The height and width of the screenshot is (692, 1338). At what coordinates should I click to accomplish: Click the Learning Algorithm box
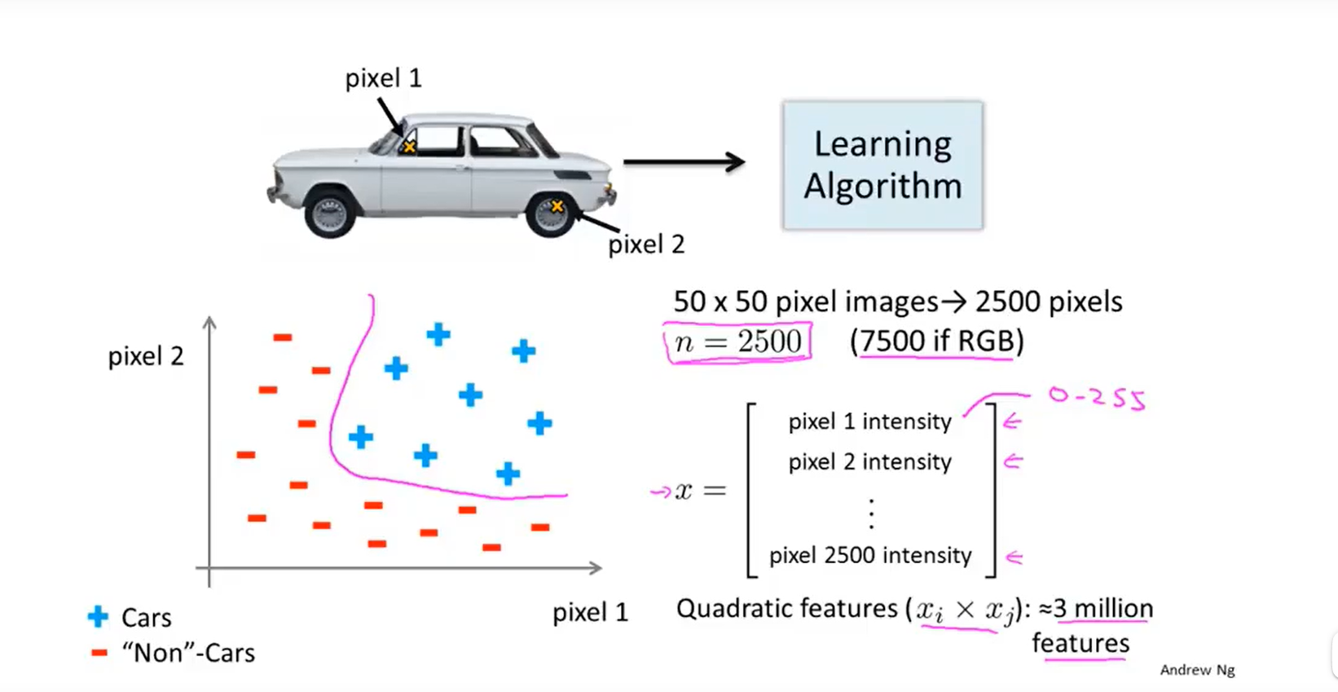(882, 165)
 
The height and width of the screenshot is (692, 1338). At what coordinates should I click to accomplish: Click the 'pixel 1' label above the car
(383, 78)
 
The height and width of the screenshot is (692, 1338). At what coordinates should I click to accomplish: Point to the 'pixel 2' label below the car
(646, 244)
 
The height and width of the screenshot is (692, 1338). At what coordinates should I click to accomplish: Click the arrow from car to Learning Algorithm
(684, 162)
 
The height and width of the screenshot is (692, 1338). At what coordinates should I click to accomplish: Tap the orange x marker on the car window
(409, 147)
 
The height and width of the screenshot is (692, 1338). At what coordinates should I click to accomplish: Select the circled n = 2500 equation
(737, 342)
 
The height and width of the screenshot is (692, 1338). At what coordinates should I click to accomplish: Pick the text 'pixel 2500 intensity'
(870, 555)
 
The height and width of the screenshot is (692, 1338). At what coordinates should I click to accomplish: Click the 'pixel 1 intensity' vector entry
(869, 421)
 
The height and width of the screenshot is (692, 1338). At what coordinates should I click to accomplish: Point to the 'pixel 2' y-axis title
(146, 356)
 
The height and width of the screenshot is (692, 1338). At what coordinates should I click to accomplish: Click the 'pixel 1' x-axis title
(590, 612)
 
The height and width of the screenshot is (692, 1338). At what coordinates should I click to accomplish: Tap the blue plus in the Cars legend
(98, 617)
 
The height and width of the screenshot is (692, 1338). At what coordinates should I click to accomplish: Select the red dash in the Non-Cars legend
(99, 653)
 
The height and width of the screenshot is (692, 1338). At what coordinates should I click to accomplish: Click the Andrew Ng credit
(1197, 670)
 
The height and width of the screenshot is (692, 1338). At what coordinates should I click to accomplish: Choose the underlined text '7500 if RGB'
(936, 341)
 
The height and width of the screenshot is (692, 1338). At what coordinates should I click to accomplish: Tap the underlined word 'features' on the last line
(1081, 643)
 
